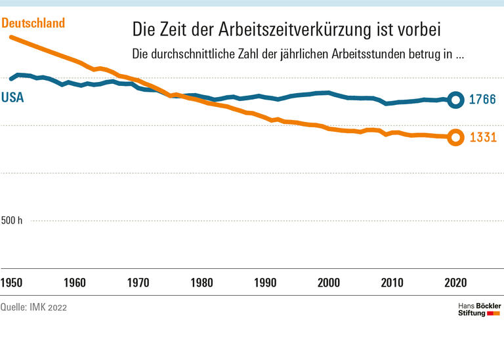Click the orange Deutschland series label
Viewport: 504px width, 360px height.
33,24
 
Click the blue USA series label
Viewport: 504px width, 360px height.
12,98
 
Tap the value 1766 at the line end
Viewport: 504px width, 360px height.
482,100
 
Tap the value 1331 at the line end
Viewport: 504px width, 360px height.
482,138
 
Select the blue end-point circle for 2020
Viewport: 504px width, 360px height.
455,100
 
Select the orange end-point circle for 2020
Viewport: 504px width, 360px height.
455,138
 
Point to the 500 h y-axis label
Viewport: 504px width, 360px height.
12,220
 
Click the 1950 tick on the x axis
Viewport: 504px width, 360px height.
11,283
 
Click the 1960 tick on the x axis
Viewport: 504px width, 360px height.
75,283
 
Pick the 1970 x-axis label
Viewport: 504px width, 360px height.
138,283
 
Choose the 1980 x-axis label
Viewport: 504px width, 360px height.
201,283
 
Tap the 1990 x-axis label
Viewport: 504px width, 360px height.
265,283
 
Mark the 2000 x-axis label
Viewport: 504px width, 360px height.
329,283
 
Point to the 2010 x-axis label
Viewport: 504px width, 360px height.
392,283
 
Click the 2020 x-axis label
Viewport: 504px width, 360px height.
455,283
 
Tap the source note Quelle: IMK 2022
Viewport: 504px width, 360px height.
33,307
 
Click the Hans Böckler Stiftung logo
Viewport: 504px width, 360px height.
479,310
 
